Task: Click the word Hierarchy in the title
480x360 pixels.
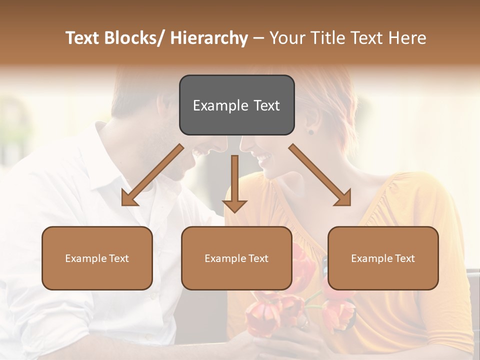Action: (208, 38)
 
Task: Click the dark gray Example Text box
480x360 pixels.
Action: (236, 105)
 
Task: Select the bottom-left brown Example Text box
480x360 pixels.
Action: (97, 258)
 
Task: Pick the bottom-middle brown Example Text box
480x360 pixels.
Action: (236, 258)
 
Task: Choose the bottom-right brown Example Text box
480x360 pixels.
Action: (383, 258)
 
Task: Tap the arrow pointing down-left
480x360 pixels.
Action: (152, 175)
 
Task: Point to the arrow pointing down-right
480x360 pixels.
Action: (320, 175)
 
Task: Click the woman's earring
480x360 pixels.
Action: (310, 132)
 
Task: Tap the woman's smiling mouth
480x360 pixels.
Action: (263, 159)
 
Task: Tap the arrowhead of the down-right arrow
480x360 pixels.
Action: (343, 198)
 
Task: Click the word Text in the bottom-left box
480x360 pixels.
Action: (119, 258)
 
